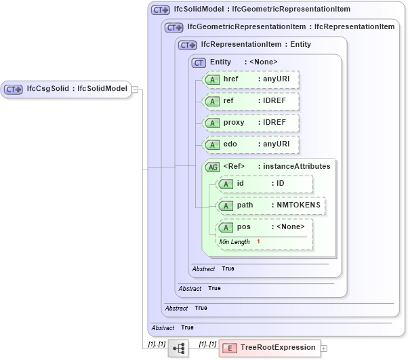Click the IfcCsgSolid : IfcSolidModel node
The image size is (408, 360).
click(66, 89)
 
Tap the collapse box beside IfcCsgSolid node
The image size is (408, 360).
click(135, 89)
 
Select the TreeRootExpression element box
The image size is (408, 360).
click(269, 348)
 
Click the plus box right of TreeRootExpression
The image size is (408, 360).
click(324, 348)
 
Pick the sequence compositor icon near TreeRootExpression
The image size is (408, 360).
click(179, 348)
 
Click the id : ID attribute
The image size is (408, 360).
click(264, 184)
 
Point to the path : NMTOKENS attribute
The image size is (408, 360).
click(270, 205)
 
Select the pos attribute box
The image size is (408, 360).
click(264, 227)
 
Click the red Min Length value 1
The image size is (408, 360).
click(258, 242)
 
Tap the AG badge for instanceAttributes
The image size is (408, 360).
click(212, 166)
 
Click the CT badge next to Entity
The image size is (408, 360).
click(199, 62)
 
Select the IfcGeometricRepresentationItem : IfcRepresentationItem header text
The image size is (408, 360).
click(291, 27)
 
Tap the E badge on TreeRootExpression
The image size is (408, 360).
click(230, 348)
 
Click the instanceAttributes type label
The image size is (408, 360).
click(297, 166)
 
